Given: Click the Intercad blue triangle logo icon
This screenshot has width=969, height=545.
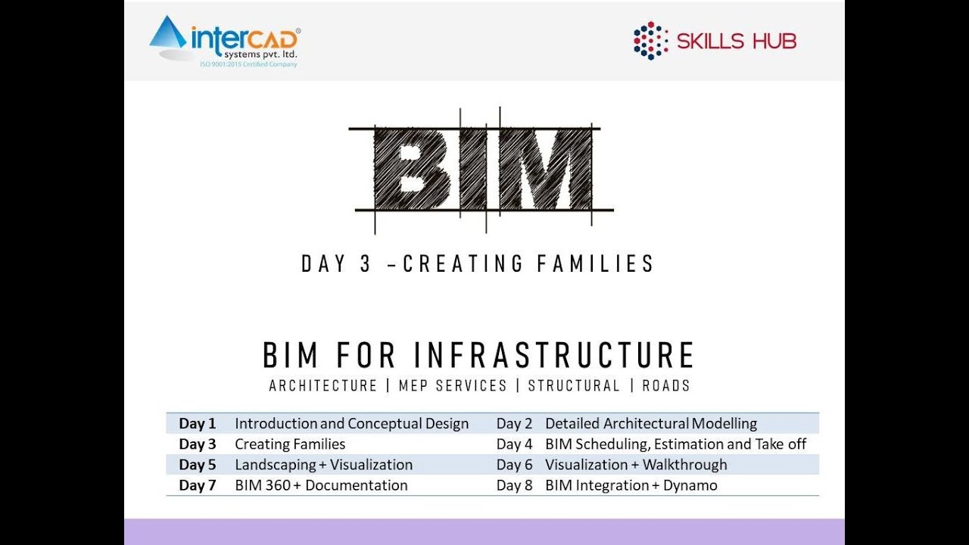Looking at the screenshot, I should click(167, 34).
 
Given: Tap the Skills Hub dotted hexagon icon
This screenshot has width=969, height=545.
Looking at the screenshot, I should click(650, 41).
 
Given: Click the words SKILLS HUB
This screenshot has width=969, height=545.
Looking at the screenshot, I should click(736, 42).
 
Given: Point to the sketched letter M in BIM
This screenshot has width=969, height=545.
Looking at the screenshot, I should click(546, 169).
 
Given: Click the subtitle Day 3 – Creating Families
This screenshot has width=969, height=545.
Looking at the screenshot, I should click(478, 263).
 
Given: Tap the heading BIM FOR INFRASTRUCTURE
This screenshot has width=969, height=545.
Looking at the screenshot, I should click(478, 356).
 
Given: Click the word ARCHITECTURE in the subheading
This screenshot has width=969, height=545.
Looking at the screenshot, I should click(323, 386).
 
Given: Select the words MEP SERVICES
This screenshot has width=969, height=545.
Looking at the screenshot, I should click(451, 386).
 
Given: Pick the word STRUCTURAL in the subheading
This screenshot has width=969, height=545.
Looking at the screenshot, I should click(574, 386).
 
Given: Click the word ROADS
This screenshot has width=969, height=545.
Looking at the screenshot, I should click(666, 386).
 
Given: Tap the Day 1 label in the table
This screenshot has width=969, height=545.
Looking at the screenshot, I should click(198, 424).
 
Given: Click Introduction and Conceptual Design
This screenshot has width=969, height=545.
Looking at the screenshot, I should click(351, 424).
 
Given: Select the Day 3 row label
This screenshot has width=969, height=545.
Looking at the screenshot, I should click(198, 444).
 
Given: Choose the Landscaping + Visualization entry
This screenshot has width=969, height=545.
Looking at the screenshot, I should click(323, 465).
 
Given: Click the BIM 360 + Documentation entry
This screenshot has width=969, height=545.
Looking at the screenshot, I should click(321, 485).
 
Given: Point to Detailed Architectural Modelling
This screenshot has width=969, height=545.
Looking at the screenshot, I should click(650, 424).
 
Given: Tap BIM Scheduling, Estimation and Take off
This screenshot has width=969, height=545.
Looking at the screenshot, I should click(675, 444).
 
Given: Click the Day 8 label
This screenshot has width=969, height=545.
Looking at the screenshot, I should click(514, 485).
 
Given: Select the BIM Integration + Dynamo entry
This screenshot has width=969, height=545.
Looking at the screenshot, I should click(631, 485).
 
